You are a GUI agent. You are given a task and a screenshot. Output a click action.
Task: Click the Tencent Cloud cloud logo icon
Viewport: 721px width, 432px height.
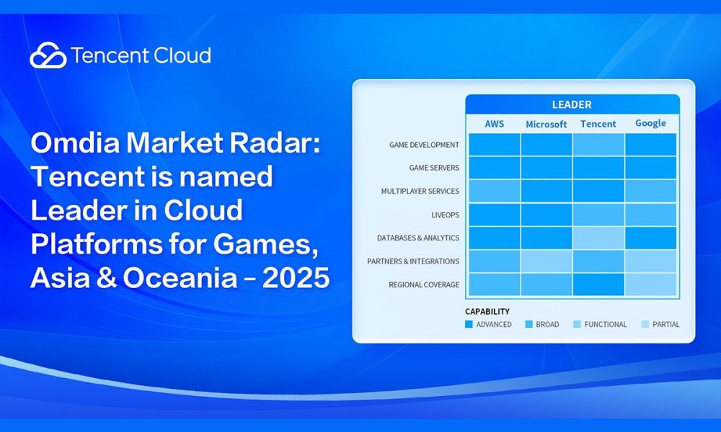(48, 55)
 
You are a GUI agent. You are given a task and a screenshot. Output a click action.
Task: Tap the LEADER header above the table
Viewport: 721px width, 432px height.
(572, 104)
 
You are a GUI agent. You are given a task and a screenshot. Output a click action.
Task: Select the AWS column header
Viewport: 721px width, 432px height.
(494, 124)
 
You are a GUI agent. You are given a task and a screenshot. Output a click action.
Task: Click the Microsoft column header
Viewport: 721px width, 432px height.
(546, 124)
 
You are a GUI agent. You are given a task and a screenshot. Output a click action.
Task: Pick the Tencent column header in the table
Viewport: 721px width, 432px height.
(598, 124)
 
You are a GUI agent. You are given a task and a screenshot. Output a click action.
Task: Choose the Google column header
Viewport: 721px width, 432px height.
(650, 123)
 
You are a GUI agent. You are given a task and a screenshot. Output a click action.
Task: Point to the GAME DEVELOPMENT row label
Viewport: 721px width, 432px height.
(424, 145)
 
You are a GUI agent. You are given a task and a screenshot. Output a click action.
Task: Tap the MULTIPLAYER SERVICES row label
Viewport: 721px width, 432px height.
(420, 192)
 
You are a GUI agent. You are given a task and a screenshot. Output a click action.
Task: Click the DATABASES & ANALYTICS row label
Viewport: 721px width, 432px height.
(417, 238)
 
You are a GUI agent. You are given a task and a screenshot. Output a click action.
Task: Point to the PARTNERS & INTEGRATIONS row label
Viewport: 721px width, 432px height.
(412, 261)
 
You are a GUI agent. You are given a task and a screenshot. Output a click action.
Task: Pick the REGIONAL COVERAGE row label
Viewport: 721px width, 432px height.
(423, 284)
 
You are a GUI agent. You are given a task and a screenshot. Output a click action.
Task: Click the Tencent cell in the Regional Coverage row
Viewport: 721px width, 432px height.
(598, 284)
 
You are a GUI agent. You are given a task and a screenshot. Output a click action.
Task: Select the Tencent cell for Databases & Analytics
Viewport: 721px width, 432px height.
(598, 238)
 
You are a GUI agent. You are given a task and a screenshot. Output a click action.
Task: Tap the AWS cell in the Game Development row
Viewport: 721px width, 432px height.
(494, 145)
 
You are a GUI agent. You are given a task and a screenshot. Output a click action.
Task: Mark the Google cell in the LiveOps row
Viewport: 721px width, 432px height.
(650, 215)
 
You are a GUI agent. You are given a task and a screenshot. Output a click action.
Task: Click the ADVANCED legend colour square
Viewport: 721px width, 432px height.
(469, 324)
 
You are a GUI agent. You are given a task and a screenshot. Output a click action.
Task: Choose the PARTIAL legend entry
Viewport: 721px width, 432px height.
(661, 324)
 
